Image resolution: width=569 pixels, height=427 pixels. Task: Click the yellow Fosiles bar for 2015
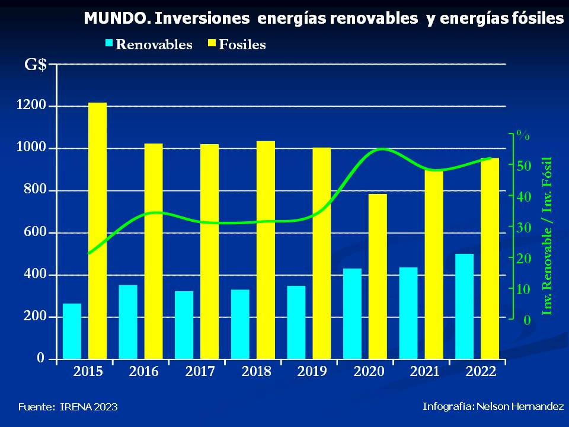point(98,231)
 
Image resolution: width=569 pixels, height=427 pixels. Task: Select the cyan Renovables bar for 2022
point(464,306)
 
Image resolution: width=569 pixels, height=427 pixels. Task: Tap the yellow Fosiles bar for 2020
point(378,276)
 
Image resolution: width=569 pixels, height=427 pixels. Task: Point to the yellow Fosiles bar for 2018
point(266,250)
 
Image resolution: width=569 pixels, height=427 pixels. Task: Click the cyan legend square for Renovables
point(110,43)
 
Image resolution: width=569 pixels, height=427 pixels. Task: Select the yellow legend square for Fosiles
point(212,43)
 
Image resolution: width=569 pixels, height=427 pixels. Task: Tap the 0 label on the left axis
point(41,358)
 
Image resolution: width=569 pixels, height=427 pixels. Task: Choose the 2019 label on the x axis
point(312,372)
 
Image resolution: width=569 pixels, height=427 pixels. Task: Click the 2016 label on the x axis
point(144,372)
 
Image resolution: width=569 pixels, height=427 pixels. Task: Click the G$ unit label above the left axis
point(36,65)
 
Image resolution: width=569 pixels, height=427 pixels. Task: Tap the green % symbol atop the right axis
point(522,135)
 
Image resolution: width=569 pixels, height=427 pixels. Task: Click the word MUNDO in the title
point(116,18)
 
